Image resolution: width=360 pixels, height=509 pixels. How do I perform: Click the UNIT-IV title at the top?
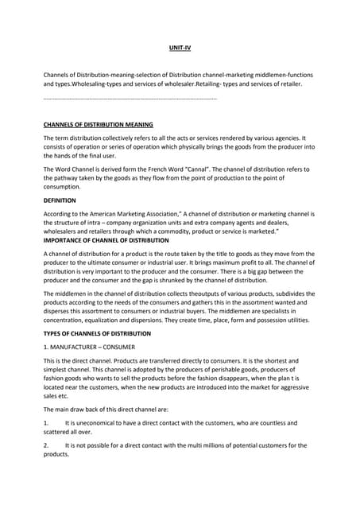pyautogui.click(x=180, y=49)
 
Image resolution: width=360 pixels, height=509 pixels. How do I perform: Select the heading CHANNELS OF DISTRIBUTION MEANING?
pyautogui.click(x=98, y=125)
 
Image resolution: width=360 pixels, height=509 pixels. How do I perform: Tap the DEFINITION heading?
pyautogui.click(x=60, y=200)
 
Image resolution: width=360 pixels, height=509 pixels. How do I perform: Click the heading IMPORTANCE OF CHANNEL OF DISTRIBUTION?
pyautogui.click(x=106, y=239)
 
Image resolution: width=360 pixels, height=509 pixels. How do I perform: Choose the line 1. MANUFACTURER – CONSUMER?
pyautogui.click(x=89, y=348)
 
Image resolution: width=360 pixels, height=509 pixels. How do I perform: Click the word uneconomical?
pyautogui.click(x=95, y=423)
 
